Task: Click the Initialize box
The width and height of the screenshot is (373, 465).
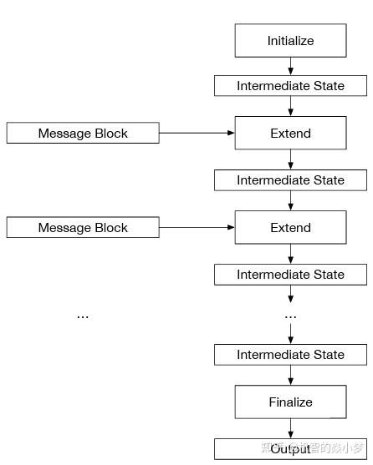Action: click(290, 40)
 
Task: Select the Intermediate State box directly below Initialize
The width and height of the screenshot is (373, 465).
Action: click(290, 86)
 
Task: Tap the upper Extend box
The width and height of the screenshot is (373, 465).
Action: click(290, 133)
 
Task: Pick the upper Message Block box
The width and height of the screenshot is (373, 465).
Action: click(83, 133)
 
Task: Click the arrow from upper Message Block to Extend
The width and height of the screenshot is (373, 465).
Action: click(197, 133)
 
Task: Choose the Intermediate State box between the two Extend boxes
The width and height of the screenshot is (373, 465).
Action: click(290, 180)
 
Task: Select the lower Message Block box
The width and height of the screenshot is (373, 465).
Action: click(83, 227)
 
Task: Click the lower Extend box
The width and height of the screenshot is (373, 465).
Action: click(290, 227)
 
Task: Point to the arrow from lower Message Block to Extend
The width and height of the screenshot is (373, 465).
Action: click(197, 227)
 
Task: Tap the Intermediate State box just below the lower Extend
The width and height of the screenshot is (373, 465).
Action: click(290, 275)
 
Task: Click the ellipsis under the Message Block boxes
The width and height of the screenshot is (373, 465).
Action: click(83, 316)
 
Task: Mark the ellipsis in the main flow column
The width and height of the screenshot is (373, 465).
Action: click(290, 316)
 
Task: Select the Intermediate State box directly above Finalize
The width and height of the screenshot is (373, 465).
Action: click(290, 355)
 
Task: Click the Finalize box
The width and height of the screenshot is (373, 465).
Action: click(290, 402)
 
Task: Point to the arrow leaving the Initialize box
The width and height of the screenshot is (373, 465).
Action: click(290, 66)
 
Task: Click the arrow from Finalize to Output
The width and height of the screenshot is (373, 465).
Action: click(290, 428)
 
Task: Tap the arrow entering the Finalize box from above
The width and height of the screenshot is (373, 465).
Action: click(290, 376)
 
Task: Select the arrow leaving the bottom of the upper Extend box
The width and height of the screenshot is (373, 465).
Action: click(290, 159)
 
